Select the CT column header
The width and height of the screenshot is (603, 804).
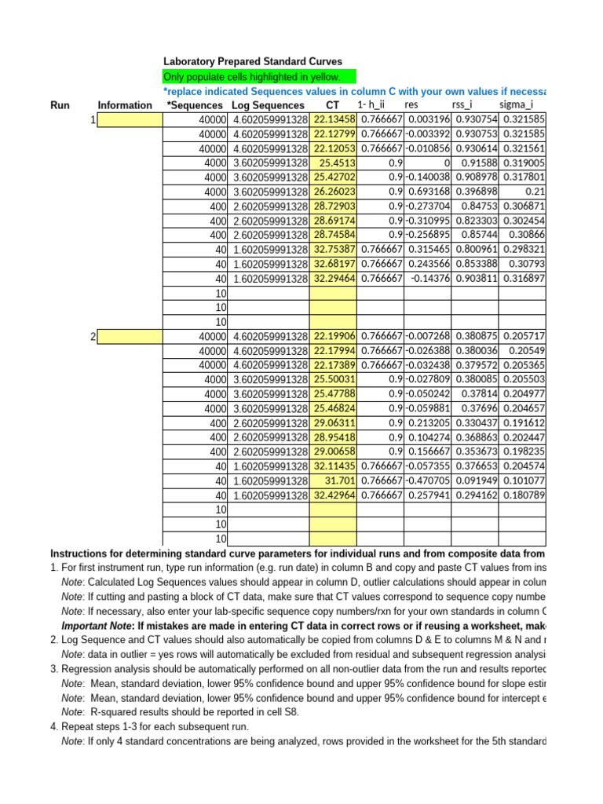pyautogui.click(x=332, y=105)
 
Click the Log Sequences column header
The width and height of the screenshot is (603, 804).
pyautogui.click(x=268, y=105)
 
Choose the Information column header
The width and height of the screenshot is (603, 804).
pyautogui.click(x=125, y=105)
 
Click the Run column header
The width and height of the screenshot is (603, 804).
pyautogui.click(x=60, y=105)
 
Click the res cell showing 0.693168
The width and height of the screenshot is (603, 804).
pyautogui.click(x=428, y=192)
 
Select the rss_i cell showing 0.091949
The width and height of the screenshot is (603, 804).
pyautogui.click(x=474, y=481)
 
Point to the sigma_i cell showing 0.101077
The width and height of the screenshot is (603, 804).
pyautogui.click(x=522, y=481)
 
